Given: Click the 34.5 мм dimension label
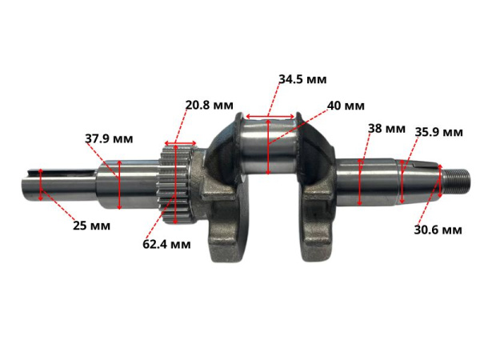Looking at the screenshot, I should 302,79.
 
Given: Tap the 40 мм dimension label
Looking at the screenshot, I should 346,106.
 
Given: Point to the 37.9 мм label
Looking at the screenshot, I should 109,138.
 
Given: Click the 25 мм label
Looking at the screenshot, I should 90,226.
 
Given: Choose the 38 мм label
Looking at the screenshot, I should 386,128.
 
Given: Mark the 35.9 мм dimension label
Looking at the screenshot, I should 439,132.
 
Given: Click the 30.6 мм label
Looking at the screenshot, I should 438,230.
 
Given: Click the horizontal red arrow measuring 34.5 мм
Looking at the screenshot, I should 270,117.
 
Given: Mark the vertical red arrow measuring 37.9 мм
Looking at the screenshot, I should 119,183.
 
